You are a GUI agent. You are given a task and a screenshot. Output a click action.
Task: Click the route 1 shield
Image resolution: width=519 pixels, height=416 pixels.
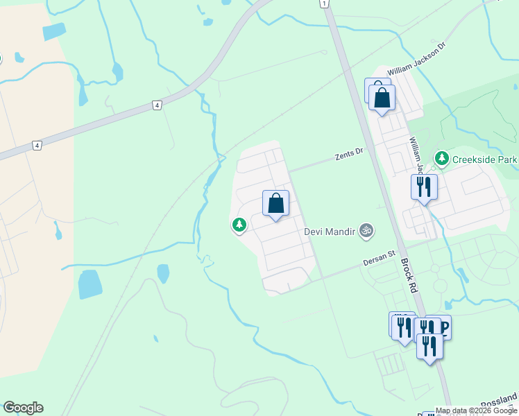tap(323, 4)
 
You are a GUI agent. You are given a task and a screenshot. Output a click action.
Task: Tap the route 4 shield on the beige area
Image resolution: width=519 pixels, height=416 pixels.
tap(36, 146)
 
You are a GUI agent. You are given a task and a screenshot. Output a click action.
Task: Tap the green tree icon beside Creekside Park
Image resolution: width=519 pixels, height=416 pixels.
tap(441, 159)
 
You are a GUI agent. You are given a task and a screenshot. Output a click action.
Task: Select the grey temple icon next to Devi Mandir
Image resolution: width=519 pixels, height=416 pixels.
tap(366, 230)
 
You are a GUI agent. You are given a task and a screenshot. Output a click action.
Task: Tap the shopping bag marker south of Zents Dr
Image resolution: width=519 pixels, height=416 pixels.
tap(275, 204)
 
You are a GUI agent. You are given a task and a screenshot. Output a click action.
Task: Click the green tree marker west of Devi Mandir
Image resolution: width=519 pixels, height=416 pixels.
tap(239, 225)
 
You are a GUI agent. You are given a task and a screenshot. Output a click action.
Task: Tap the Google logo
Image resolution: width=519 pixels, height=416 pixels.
tap(23, 408)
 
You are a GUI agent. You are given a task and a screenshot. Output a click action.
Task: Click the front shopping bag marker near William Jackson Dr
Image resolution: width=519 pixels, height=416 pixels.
tap(382, 98)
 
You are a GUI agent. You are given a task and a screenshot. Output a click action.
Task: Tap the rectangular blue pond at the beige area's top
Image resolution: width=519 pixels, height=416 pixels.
tap(53, 32)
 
